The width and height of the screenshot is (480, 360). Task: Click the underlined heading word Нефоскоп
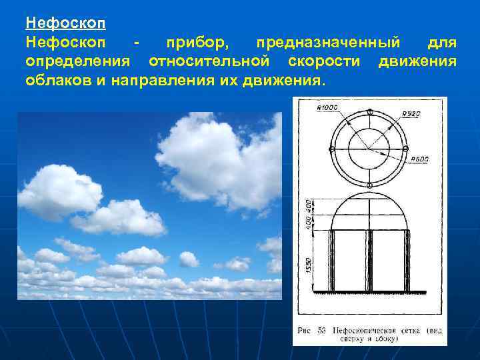click(65, 22)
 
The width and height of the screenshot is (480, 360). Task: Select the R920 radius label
click(411, 114)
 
